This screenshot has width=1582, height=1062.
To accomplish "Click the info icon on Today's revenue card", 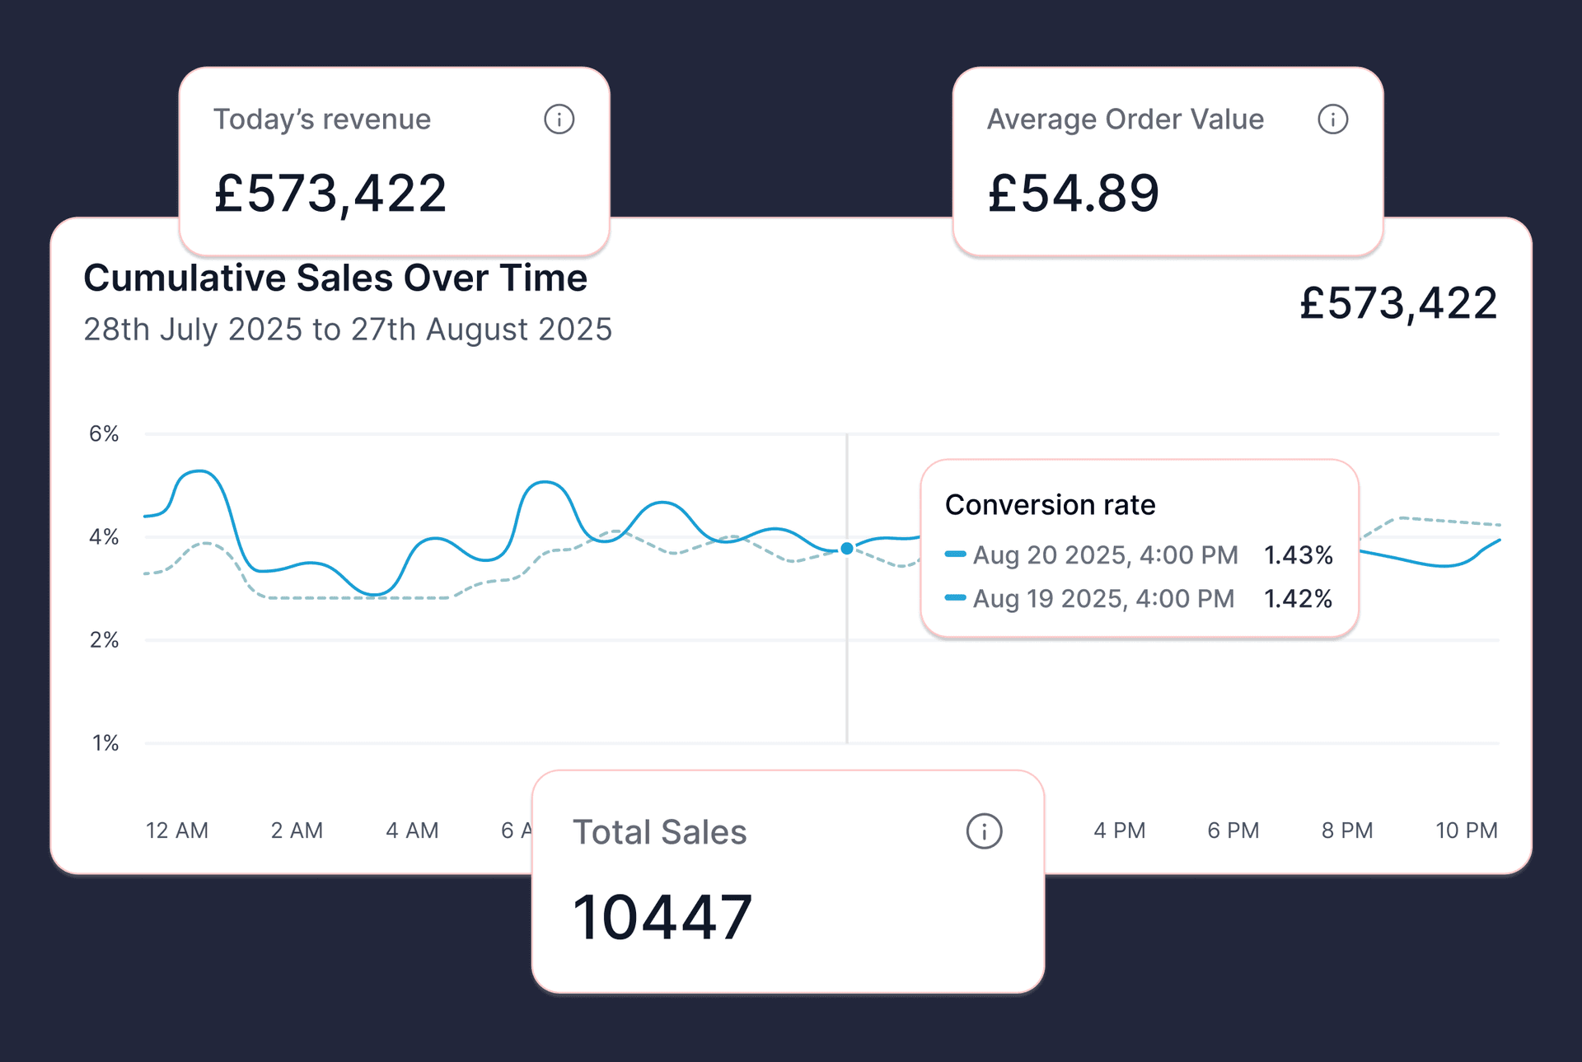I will click(x=559, y=119).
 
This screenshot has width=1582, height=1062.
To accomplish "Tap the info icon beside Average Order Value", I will click(x=1332, y=119).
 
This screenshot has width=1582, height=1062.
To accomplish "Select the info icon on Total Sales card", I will click(x=984, y=831).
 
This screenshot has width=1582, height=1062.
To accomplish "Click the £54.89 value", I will click(x=1073, y=194).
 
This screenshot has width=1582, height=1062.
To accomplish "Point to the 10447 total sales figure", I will click(x=662, y=917).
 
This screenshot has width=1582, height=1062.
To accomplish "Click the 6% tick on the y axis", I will click(x=104, y=434).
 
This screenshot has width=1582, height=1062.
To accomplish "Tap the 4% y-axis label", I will click(x=104, y=537).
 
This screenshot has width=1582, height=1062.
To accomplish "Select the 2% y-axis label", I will click(x=104, y=640).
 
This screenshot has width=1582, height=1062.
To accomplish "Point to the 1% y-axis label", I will click(x=105, y=743).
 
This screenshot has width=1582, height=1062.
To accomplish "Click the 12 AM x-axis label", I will click(x=177, y=830).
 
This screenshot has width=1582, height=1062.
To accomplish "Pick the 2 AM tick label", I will click(x=297, y=830).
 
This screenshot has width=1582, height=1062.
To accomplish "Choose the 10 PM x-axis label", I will click(x=1467, y=830).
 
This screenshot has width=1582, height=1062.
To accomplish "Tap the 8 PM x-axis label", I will click(x=1347, y=830).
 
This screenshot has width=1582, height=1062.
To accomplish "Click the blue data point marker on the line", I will click(x=847, y=549).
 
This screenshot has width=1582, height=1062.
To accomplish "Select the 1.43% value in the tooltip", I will click(x=1299, y=555).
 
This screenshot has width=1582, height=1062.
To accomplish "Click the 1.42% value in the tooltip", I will click(x=1299, y=599).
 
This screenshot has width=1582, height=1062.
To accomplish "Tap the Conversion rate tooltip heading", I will click(x=1050, y=505).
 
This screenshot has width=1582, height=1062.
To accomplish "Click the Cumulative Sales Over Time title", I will click(x=335, y=278).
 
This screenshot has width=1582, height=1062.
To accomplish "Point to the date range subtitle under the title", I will click(x=348, y=330).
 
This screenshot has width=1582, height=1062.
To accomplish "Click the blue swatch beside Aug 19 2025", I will click(x=955, y=598).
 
